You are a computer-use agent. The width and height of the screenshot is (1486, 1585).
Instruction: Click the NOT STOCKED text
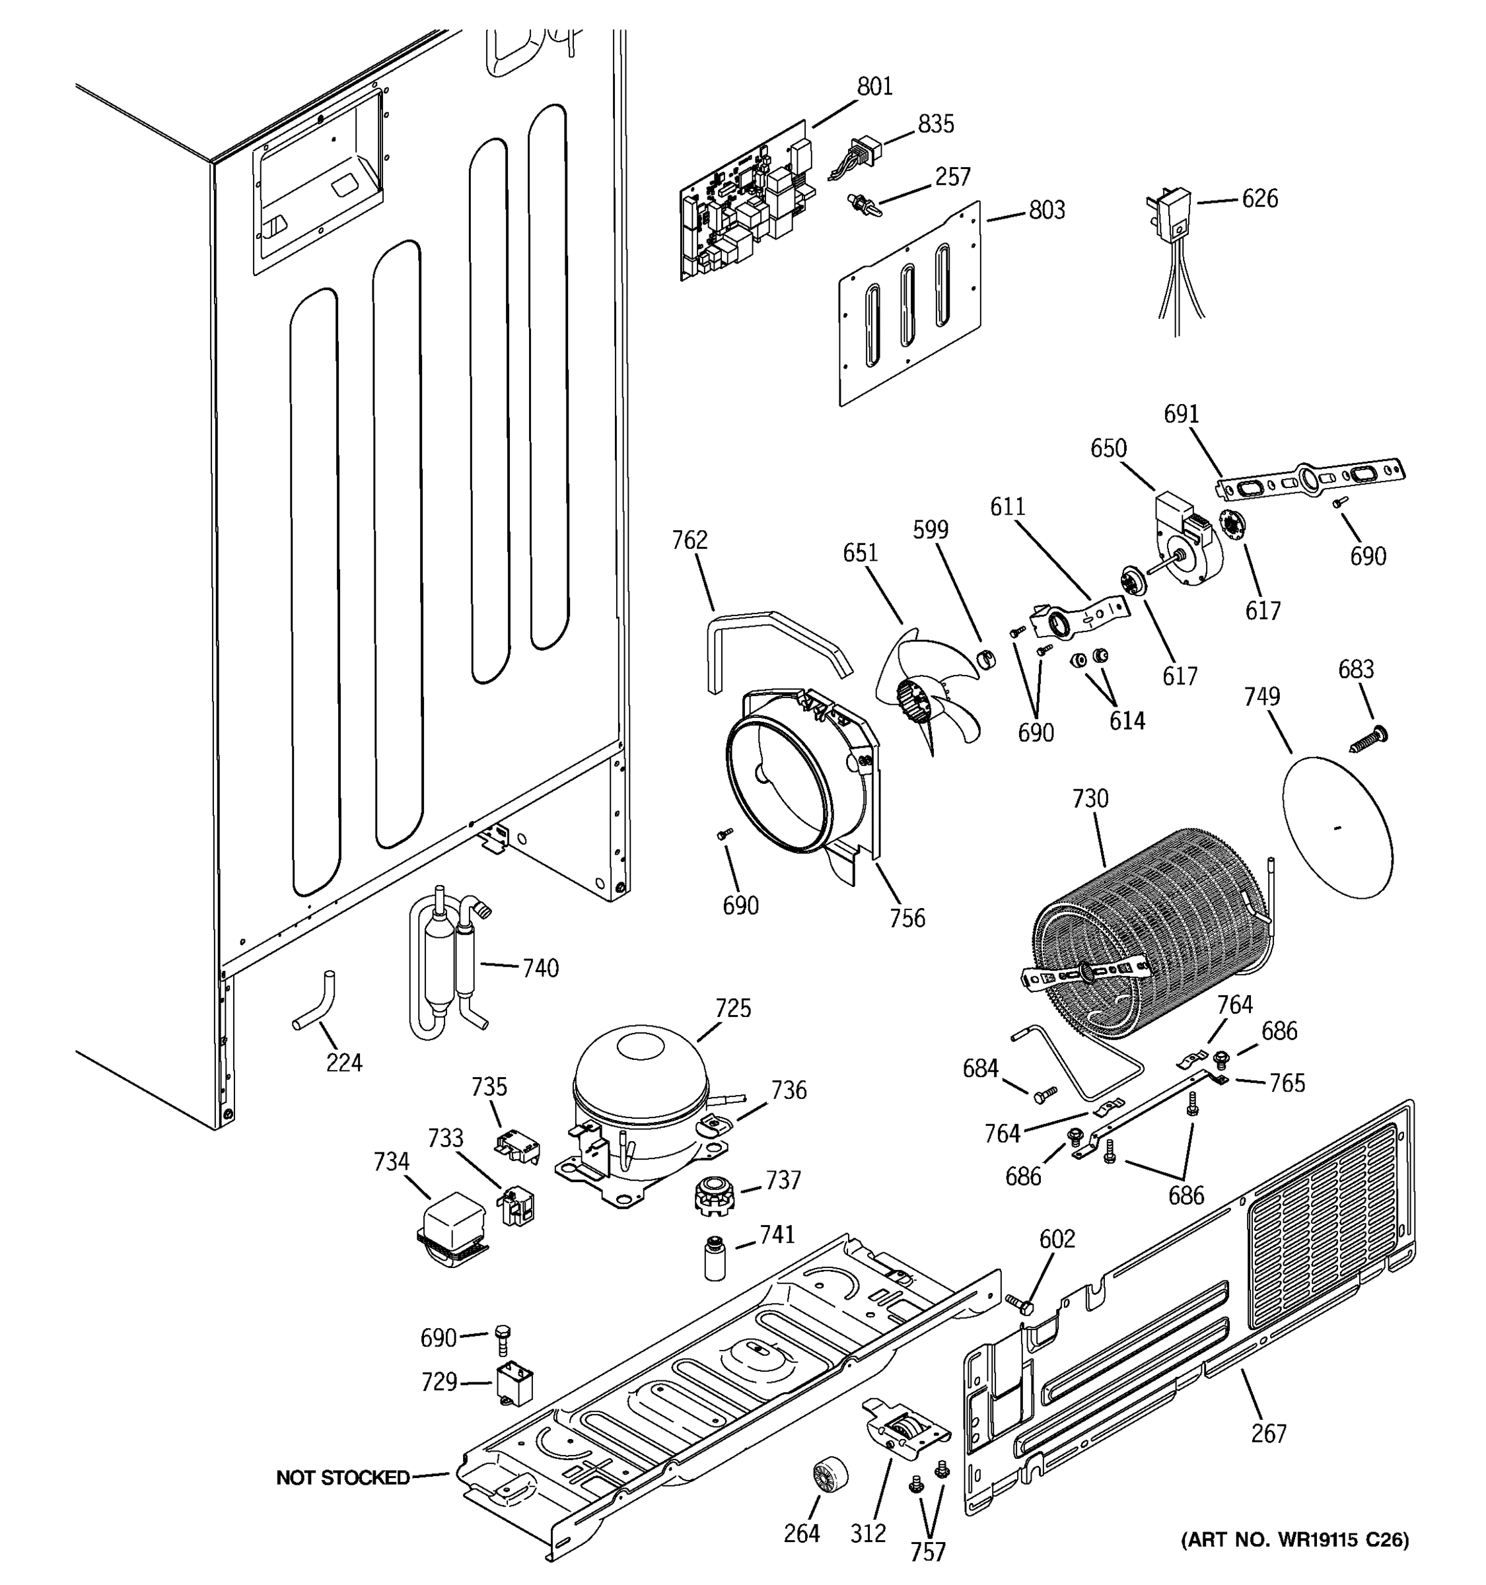pos(342,1478)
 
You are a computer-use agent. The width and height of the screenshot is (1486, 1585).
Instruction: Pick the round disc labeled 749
pos(1337,829)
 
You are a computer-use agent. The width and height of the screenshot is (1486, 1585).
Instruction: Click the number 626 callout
pos(1259,199)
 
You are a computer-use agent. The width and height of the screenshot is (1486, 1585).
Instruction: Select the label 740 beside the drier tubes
pos(540,968)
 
